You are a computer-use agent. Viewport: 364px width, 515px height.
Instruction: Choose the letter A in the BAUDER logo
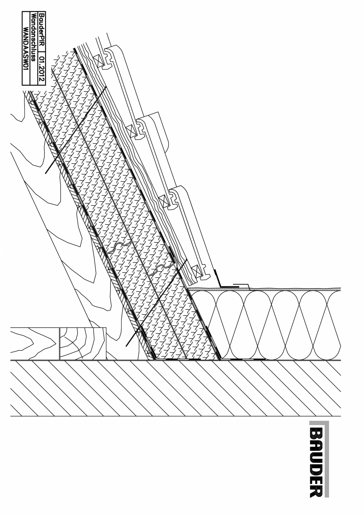pyautogui.click(x=318, y=447)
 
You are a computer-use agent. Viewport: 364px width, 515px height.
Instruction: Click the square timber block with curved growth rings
pyautogui.click(x=83, y=343)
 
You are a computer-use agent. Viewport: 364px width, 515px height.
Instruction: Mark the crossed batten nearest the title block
pyautogui.click(x=96, y=60)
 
